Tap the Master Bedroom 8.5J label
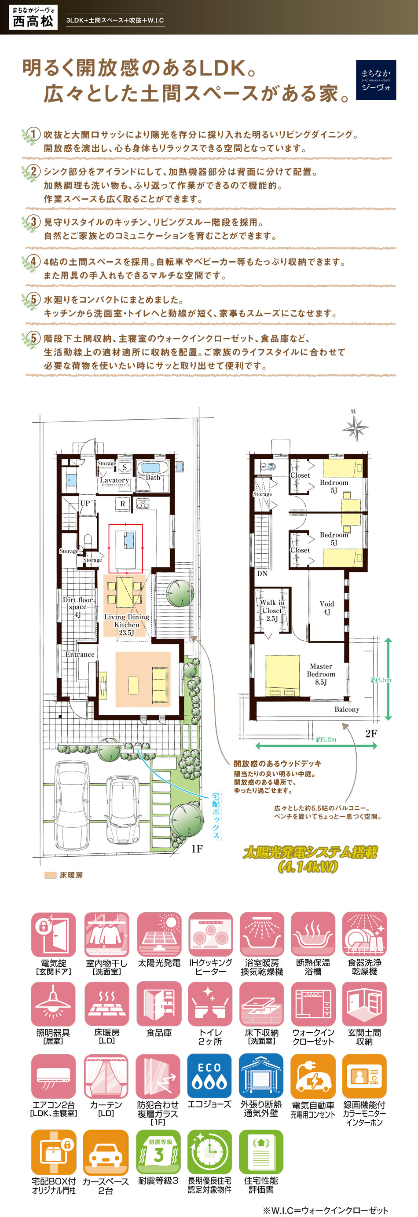[321, 674]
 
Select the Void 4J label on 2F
[327, 607]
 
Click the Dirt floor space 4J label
[77, 607]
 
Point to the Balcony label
[347, 709]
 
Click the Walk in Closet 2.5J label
[272, 610]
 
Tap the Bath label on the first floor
[153, 478]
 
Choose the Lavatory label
[114, 480]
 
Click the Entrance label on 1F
[80, 654]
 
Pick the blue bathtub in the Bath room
[151, 468]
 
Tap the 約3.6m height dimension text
[381, 680]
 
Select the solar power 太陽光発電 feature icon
[159, 935]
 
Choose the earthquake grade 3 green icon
[158, 1152]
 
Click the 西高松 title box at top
[33, 18]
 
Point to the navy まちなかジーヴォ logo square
[376, 80]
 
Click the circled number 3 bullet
[33, 222]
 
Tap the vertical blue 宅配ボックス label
[216, 816]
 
